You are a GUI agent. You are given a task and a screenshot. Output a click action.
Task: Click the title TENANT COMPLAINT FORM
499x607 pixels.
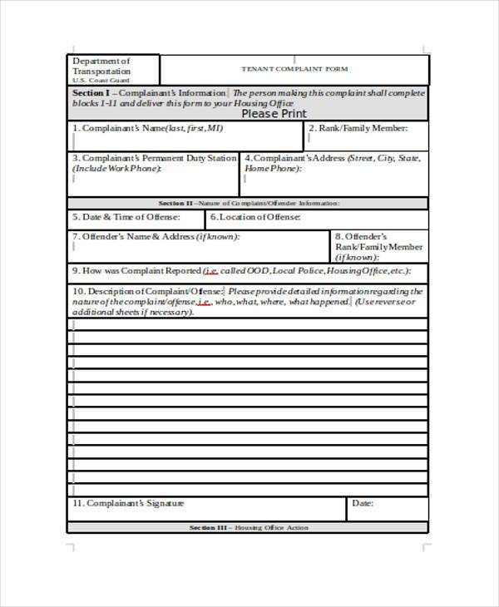coord(294,68)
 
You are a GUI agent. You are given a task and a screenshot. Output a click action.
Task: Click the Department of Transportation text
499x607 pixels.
coord(101,67)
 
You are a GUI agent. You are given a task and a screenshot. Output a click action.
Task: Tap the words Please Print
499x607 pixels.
coord(274,114)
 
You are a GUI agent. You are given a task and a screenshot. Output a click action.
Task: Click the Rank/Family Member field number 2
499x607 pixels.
coord(358,129)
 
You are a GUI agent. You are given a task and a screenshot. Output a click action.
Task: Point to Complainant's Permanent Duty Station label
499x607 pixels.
coord(154,157)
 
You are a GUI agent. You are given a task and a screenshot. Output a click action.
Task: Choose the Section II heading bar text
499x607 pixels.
coord(249,203)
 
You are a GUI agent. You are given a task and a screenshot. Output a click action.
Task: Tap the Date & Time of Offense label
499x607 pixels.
coord(126,217)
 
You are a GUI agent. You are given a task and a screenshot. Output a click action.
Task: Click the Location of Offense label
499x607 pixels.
coord(254,217)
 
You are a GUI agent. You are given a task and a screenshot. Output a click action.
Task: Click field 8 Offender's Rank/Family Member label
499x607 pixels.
coord(378,247)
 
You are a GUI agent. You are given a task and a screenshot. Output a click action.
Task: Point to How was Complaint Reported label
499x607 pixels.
coord(136,271)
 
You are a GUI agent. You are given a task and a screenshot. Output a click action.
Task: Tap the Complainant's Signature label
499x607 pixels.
coord(128,504)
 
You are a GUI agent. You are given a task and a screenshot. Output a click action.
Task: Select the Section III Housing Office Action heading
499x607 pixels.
coord(249,528)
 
